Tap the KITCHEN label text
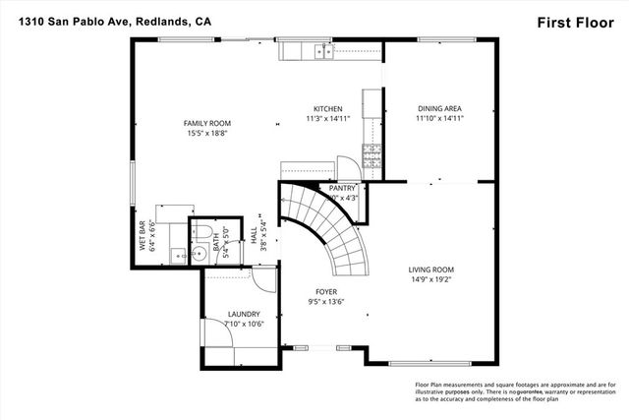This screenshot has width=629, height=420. click(327, 108)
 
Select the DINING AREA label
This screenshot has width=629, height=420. click(439, 108)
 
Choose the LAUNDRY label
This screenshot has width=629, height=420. click(244, 315)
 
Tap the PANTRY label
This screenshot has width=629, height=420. click(343, 187)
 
